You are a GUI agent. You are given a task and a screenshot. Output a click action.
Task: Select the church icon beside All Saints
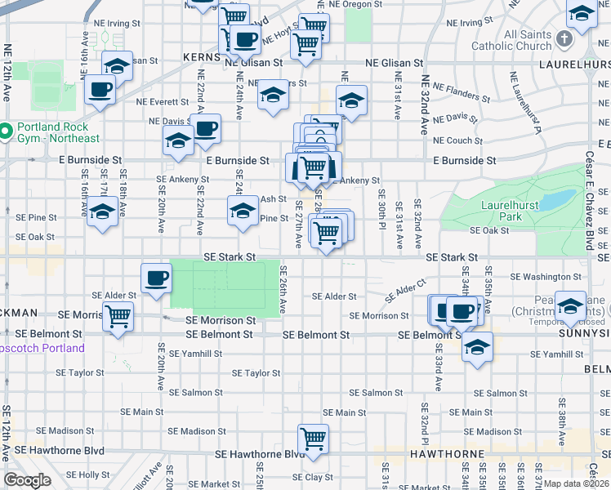[564, 38]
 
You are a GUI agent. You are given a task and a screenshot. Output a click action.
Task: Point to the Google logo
[27, 480]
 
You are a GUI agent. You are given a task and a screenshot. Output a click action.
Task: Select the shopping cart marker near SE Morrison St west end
[118, 314]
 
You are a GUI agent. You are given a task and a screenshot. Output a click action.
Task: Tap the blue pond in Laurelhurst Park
[555, 199]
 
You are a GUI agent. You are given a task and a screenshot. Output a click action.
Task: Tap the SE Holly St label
[87, 474]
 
